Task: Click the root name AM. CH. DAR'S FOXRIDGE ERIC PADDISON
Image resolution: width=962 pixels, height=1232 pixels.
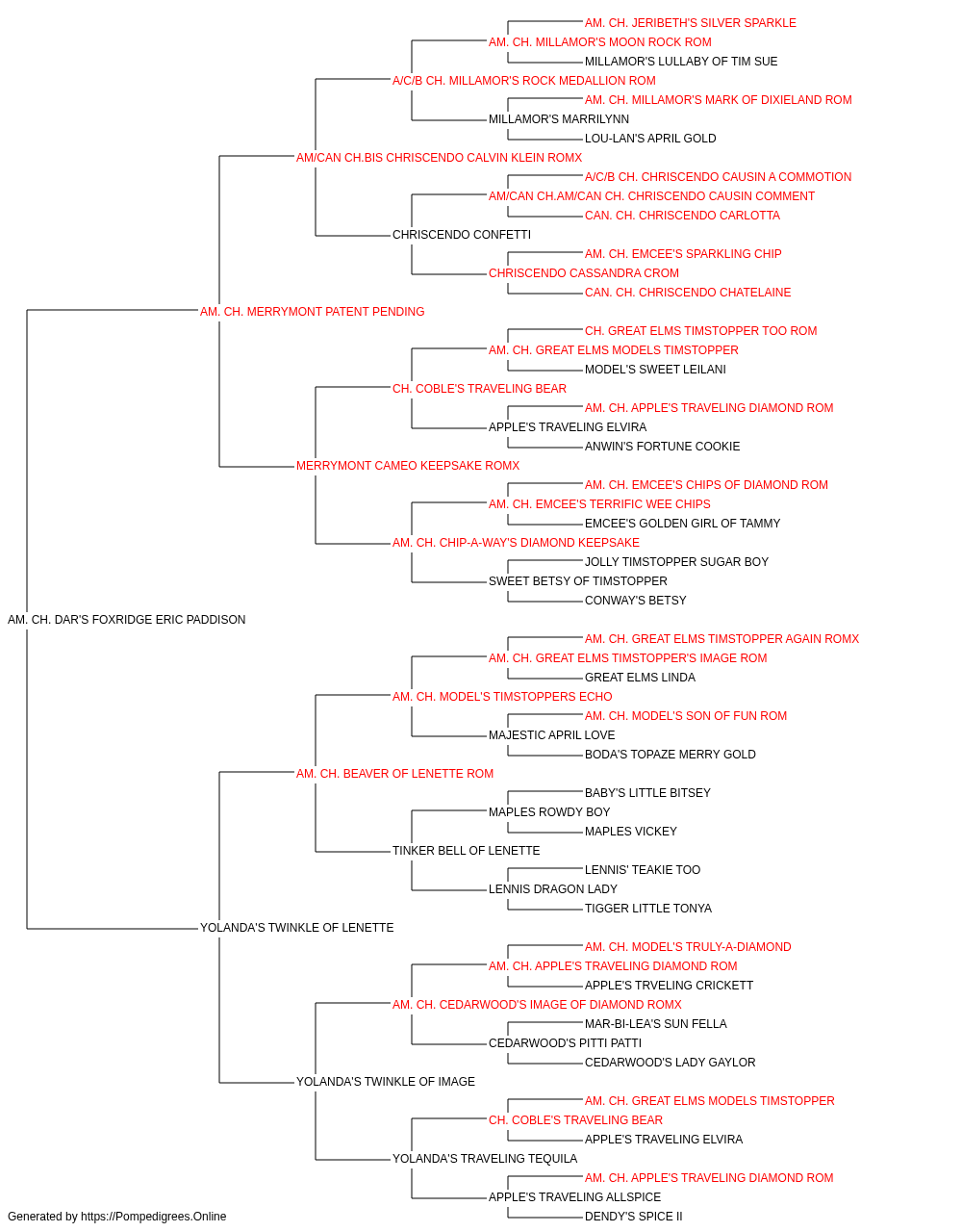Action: click(x=126, y=620)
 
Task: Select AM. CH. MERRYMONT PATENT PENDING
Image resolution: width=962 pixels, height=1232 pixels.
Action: click(x=312, y=312)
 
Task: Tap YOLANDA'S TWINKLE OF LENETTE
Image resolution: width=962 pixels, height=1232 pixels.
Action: click(x=297, y=928)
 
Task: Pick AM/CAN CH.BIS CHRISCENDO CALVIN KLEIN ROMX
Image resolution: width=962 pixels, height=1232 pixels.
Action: click(x=439, y=158)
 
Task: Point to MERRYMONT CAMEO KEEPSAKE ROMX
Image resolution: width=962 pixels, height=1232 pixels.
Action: click(x=408, y=466)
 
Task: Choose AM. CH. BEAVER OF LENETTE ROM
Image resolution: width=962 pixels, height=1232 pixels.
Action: click(x=394, y=774)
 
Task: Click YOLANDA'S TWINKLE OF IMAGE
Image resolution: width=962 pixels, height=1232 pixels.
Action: click(x=386, y=1082)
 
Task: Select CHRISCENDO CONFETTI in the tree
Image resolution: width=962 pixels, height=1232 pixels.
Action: click(x=462, y=235)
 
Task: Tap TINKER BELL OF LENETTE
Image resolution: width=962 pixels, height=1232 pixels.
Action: click(x=467, y=851)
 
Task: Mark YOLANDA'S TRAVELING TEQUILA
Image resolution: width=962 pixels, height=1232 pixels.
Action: click(x=485, y=1159)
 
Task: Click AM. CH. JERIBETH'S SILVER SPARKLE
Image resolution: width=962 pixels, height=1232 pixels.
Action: click(x=691, y=23)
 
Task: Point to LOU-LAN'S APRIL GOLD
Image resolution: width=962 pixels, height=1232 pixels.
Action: click(x=650, y=139)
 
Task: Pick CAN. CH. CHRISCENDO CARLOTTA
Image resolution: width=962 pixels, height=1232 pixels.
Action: click(x=683, y=216)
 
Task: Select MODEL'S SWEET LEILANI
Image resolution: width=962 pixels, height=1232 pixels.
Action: click(x=655, y=370)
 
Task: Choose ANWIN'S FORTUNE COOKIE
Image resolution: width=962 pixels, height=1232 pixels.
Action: click(x=662, y=447)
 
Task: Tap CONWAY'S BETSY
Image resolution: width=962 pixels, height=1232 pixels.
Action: click(x=636, y=601)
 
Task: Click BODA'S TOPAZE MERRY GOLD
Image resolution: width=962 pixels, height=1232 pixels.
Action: click(x=671, y=755)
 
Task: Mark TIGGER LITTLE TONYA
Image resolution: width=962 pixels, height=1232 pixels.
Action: click(x=648, y=909)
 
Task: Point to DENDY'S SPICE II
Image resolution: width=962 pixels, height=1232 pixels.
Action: click(x=633, y=1217)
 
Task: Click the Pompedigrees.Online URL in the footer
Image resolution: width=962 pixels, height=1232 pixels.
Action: click(x=154, y=1217)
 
